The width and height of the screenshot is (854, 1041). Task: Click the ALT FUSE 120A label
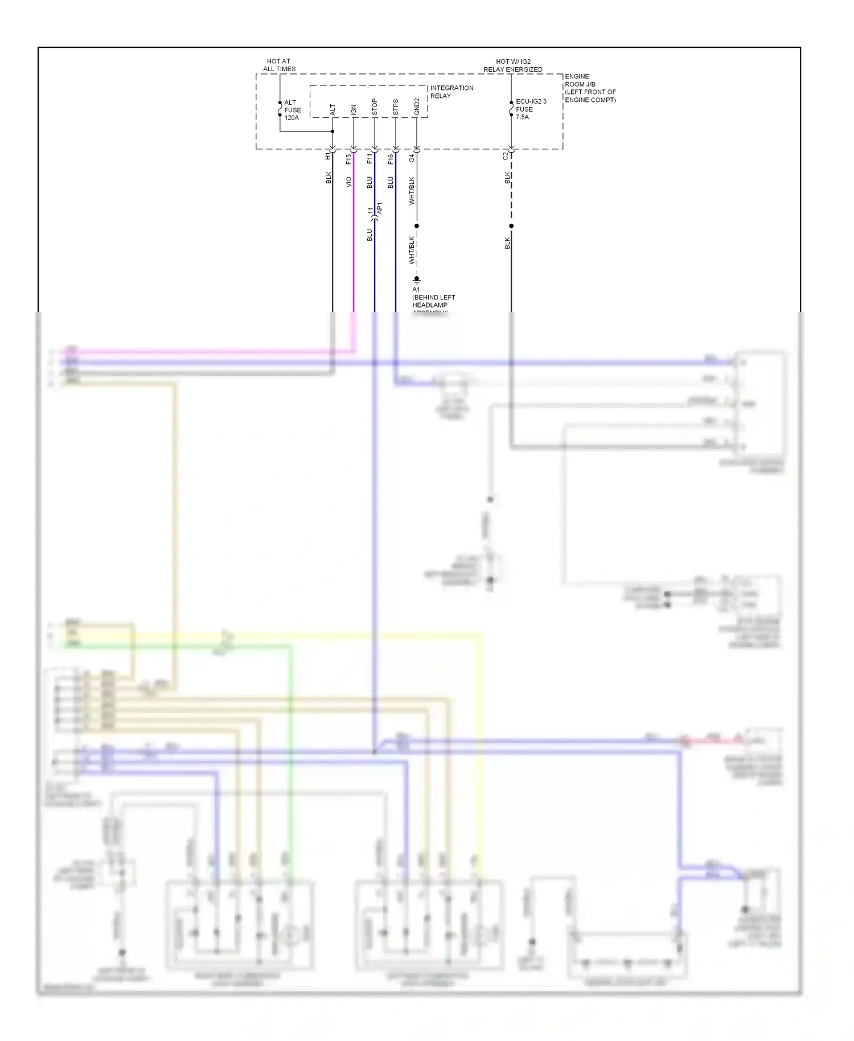click(x=292, y=110)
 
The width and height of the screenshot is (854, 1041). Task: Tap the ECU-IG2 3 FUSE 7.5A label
click(x=530, y=109)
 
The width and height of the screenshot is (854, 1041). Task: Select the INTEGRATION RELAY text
click(x=451, y=92)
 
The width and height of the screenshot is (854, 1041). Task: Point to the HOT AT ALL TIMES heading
click(x=279, y=65)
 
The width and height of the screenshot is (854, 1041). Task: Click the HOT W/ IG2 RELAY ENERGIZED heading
click(x=513, y=65)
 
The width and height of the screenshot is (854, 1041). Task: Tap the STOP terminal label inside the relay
click(x=375, y=107)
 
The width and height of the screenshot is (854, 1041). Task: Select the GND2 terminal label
click(x=417, y=106)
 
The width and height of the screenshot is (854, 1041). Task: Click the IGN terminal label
click(x=354, y=109)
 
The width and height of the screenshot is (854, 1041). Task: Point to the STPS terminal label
click(x=396, y=107)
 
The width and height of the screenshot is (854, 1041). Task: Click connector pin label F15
click(x=348, y=159)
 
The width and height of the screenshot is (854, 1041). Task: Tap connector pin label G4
click(x=412, y=158)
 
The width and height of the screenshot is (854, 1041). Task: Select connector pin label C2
click(x=505, y=155)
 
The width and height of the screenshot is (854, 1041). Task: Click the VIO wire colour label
click(x=348, y=182)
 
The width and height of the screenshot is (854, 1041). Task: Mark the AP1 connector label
click(x=380, y=208)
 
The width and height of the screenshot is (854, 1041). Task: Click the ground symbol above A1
click(x=417, y=280)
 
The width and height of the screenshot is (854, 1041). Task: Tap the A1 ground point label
click(x=416, y=289)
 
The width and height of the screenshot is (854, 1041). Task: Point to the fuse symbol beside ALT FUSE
click(x=280, y=108)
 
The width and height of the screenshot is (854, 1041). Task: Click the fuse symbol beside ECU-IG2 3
click(x=511, y=108)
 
